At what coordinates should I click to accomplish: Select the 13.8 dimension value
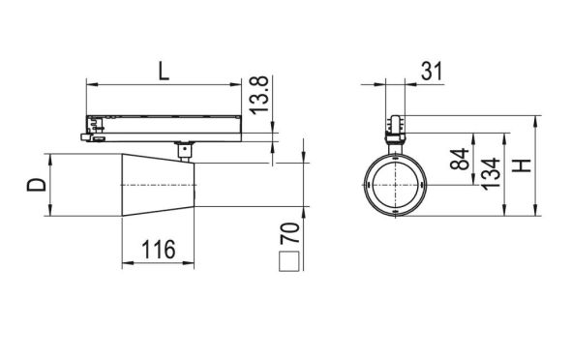pos(257,98)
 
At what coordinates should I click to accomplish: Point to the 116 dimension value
pos(158,251)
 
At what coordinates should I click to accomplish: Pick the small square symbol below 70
pos(287,260)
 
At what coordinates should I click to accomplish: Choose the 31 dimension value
pos(432,70)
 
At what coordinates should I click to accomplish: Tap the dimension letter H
pos(524,165)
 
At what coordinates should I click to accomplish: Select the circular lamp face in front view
pos(395,184)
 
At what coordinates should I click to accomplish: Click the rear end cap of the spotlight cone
pos(195,183)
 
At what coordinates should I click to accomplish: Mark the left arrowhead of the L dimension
pos(90,85)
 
